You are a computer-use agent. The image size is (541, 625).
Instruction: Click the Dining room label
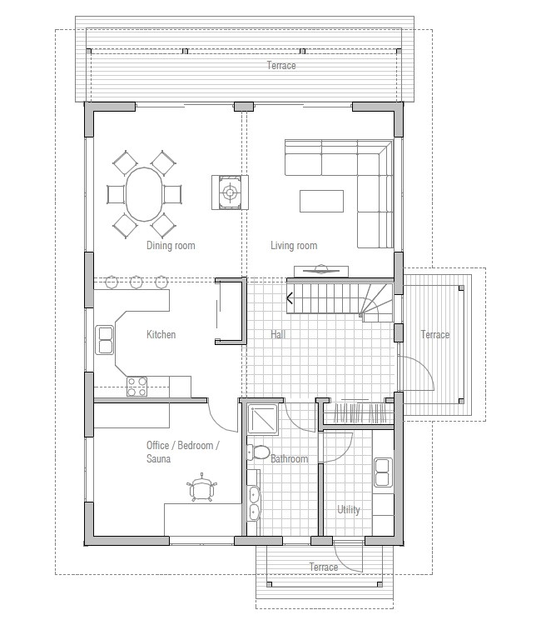tap(171, 245)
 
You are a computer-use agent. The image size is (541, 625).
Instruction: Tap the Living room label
tap(294, 245)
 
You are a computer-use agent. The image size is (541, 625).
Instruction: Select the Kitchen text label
tap(161, 334)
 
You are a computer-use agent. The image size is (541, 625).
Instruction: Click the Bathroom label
tap(289, 459)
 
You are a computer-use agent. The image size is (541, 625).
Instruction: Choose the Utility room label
tap(349, 509)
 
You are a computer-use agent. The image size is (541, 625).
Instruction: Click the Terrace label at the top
tap(280, 66)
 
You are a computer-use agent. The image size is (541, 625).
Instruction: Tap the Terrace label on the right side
tap(434, 334)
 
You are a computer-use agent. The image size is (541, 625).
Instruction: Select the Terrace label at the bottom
tap(324, 567)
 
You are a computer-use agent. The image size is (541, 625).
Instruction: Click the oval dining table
tap(146, 194)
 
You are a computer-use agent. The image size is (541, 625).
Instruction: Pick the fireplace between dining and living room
tap(230, 193)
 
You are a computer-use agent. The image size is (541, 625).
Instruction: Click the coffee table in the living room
tap(322, 201)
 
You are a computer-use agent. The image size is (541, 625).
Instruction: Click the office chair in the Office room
tap(201, 488)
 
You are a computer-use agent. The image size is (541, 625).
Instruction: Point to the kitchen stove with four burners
tap(137, 387)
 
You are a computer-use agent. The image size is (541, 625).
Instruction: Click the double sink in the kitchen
tap(106, 339)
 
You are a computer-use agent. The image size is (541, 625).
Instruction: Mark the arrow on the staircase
tap(290, 297)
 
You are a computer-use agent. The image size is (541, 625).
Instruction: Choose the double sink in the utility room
tap(383, 472)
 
